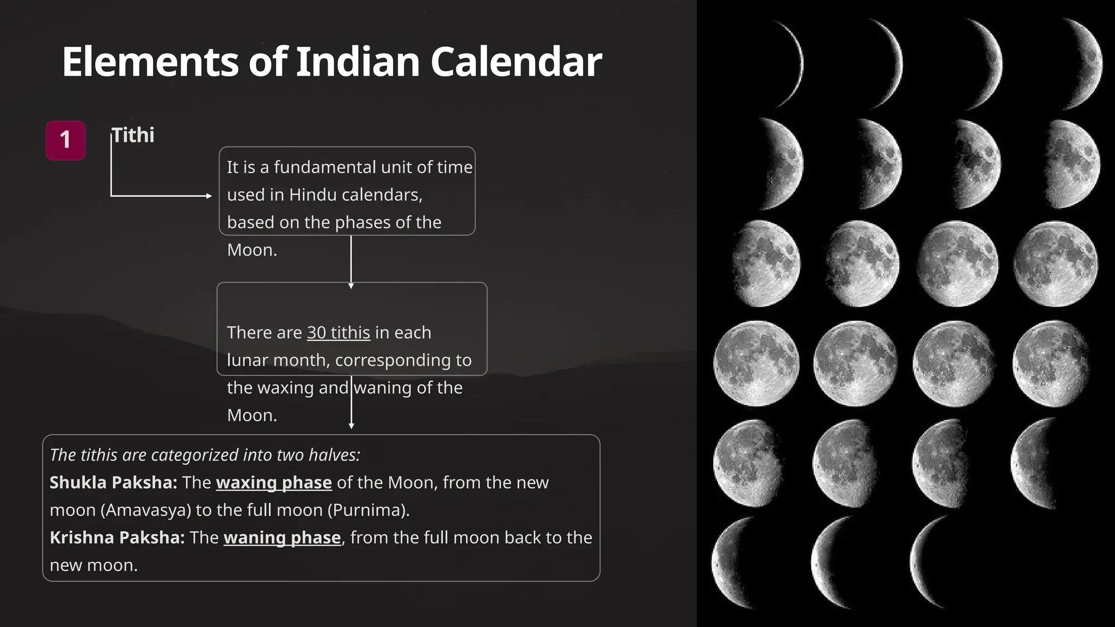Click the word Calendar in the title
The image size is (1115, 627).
coord(516,62)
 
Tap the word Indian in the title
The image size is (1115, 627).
coord(358,62)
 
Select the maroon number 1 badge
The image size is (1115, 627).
coord(65,140)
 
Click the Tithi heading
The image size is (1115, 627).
coord(133,135)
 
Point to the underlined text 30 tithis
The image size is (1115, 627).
coord(338,333)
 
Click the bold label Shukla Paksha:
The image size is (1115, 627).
coord(113,483)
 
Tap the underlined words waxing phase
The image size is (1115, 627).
coord(274,483)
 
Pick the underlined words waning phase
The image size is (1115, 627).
coord(282,538)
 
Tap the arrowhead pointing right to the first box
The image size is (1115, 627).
coord(209,196)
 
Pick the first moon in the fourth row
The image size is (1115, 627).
coord(756,363)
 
